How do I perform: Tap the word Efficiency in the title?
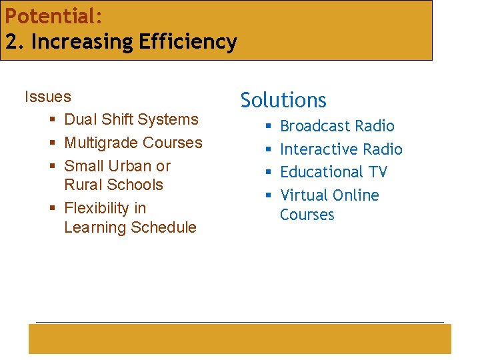tap(188, 42)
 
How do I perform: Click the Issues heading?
tap(47, 97)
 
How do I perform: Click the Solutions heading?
tap(283, 100)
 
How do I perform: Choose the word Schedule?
tap(163, 227)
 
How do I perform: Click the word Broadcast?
tap(315, 126)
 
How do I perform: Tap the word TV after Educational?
tap(377, 172)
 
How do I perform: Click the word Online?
tap(355, 195)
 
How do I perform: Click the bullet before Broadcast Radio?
tap(267, 127)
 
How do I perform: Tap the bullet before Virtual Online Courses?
tap(267, 196)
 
